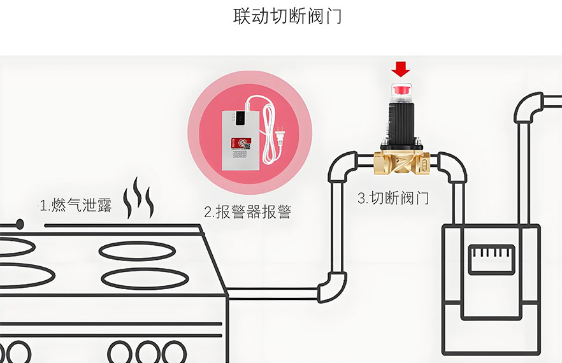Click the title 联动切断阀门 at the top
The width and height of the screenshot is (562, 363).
pos(287,16)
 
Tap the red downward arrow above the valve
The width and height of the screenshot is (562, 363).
pos(400,69)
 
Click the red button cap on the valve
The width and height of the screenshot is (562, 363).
pos(401,89)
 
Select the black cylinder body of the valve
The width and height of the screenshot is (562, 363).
pos(401,122)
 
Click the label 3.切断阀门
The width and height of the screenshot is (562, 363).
pos(393,198)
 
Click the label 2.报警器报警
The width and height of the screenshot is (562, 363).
pos(248,212)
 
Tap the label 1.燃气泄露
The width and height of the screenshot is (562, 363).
pos(76,206)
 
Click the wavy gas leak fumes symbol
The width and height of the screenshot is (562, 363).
pos(138,198)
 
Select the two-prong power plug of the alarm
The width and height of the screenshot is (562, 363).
pos(280,136)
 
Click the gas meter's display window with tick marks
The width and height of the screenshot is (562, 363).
pos(491,260)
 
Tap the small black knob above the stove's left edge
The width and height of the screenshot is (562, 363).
pos(19,224)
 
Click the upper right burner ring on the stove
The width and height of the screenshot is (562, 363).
pos(137,251)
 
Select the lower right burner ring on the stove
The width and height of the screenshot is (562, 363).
pos(145,278)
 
